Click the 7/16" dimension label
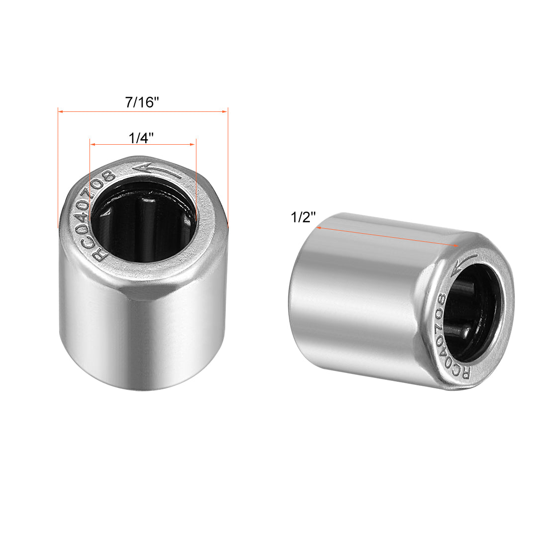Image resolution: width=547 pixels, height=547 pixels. [x=142, y=102]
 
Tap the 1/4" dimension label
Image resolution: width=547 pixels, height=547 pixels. [x=141, y=138]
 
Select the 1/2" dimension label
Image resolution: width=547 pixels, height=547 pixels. [x=303, y=218]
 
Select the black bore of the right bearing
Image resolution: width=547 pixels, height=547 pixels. [x=477, y=311]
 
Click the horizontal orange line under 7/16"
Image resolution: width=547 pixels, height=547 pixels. [x=142, y=111]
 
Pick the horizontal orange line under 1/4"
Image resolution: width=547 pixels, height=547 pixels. [x=142, y=145]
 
